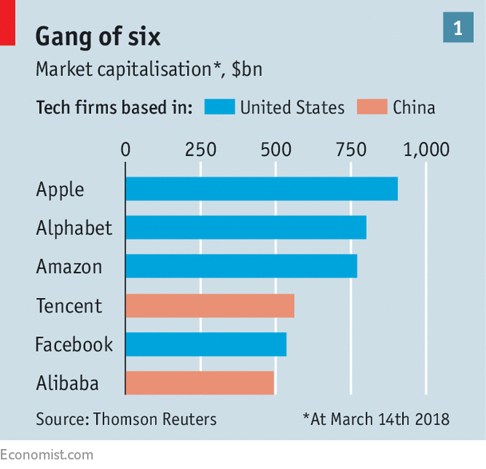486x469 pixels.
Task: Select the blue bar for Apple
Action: [x=261, y=189]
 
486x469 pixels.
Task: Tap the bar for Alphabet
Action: [x=245, y=227]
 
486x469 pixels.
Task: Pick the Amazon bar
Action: [x=241, y=266]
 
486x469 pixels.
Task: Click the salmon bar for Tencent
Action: [x=209, y=305]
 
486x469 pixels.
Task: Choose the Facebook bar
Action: [x=205, y=344]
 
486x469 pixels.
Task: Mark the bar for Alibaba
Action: [x=200, y=383]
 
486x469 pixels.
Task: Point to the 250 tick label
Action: [x=200, y=149]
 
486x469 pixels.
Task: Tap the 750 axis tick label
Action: [x=351, y=149]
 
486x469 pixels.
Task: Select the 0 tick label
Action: [x=125, y=149]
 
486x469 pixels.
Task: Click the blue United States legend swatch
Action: [x=219, y=107]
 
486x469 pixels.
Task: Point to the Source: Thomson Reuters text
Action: [x=125, y=419]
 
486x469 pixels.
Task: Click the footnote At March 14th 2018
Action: [x=376, y=419]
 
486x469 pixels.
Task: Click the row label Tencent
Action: [x=69, y=305]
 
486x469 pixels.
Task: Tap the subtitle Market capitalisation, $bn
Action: [x=149, y=70]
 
